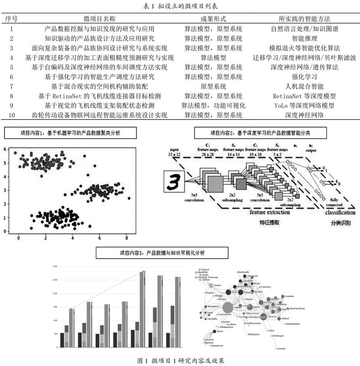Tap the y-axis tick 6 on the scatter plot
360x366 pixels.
coord(5,149)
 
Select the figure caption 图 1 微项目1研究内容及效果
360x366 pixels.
coord(180,360)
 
